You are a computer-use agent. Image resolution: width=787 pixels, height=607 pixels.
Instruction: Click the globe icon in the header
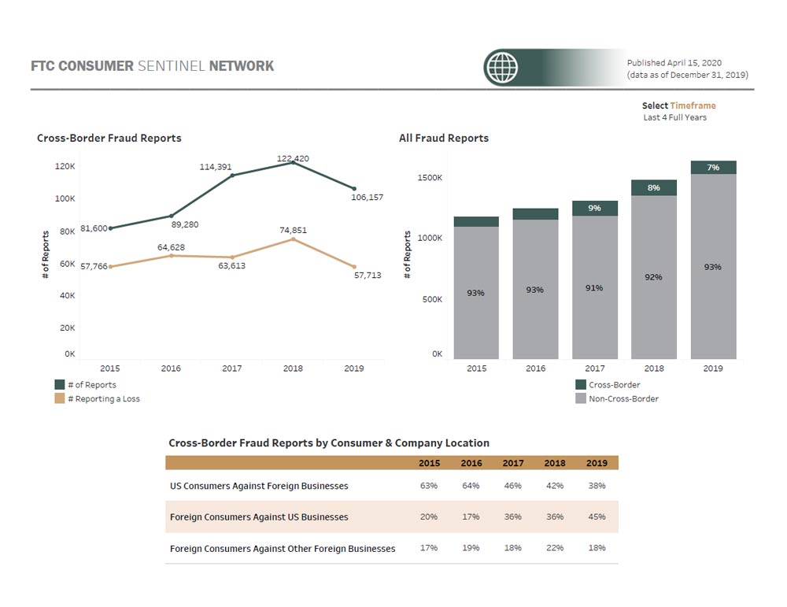502,67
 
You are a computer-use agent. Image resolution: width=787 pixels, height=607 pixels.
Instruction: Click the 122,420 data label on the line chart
293,158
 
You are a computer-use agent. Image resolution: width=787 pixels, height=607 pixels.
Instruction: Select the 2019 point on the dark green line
354,189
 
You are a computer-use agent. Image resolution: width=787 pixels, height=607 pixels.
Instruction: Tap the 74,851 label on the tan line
293,230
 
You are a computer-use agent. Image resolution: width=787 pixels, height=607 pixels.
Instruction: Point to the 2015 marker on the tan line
110,267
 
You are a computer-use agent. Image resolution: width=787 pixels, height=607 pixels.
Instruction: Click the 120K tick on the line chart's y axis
65,167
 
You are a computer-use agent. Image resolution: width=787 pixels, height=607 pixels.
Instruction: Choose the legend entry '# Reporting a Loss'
103,399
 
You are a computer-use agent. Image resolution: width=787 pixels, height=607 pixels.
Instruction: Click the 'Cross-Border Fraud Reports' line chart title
109,138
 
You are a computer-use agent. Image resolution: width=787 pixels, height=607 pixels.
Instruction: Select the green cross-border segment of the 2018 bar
653,187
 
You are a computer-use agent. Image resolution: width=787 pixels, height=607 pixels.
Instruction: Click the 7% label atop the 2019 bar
713,167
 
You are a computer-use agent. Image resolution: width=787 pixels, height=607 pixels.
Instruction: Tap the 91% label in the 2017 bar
594,288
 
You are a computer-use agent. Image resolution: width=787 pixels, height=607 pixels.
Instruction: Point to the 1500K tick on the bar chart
430,178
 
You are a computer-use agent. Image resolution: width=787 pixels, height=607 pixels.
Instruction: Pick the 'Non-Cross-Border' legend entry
623,399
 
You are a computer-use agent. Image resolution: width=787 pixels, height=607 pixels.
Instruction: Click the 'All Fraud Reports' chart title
444,138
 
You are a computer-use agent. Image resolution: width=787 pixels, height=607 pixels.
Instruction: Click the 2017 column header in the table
512,463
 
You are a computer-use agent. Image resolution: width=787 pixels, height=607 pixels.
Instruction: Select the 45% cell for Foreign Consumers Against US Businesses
597,517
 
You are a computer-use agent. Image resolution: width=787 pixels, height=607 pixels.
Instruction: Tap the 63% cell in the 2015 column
429,486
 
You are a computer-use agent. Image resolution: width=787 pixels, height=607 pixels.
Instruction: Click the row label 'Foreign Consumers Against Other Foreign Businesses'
283,548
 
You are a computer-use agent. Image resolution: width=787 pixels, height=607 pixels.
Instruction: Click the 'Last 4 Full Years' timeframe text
674,117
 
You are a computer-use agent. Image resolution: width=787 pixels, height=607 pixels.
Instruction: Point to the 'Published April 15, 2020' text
674,63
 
